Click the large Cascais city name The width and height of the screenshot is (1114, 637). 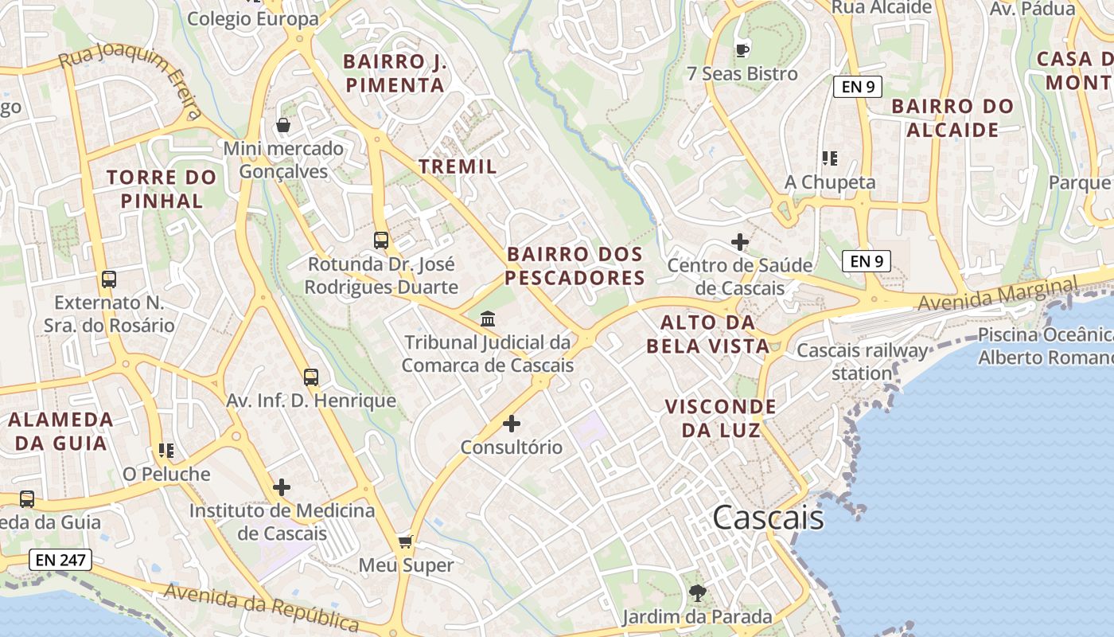point(768,518)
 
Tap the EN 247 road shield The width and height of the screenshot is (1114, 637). point(60,560)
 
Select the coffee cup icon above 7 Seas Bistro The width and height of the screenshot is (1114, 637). point(742,50)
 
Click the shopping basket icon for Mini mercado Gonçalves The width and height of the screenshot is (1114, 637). point(282,125)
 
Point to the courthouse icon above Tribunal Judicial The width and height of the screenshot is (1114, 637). point(488,319)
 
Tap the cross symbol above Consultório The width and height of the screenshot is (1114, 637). point(512,424)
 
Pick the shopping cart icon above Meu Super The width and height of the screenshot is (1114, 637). point(406,542)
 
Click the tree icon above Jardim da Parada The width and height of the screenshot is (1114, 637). point(697,593)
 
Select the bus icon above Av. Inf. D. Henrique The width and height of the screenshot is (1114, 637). point(311,377)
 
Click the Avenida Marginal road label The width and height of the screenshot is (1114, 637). point(996,295)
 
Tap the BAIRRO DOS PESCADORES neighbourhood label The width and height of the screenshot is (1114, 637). point(575,266)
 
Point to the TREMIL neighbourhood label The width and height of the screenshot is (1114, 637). point(458,166)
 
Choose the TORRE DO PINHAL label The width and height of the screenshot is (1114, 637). point(162,189)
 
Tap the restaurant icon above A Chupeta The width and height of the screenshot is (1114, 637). point(830,158)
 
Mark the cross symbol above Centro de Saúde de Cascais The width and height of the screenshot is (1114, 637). point(740,241)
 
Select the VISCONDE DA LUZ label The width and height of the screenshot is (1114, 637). point(721,419)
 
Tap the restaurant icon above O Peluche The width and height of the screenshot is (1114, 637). point(166,451)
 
